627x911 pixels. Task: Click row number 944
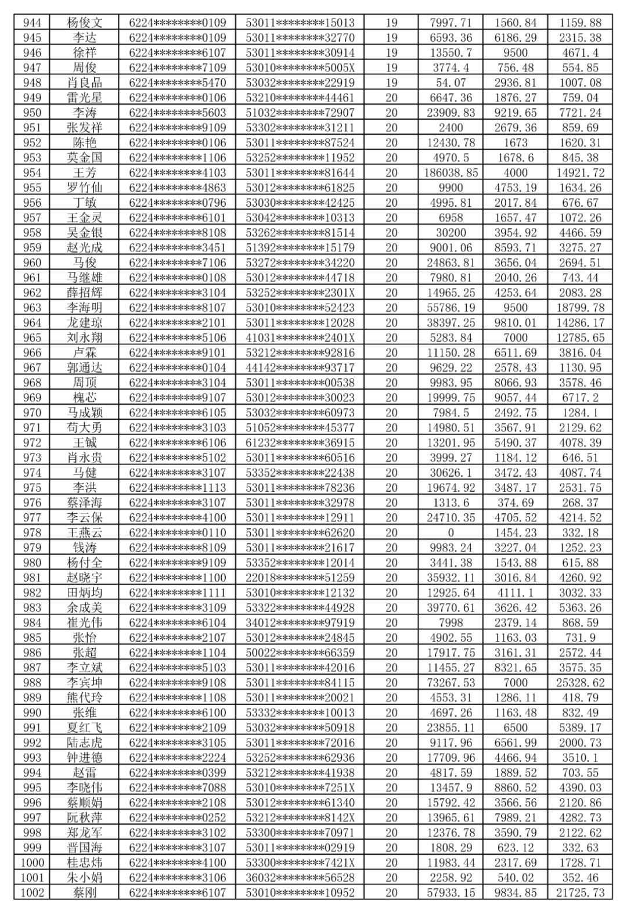coord(32,23)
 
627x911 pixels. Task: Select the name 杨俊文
coord(84,23)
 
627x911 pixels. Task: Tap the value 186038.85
coord(451,172)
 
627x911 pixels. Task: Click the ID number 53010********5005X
coord(300,67)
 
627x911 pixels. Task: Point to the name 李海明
coord(84,307)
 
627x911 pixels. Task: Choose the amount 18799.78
coord(580,307)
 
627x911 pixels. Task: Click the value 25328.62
coord(580,682)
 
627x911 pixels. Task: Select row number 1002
coord(32,892)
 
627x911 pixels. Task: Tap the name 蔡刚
coord(84,892)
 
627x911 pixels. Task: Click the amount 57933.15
coord(451,892)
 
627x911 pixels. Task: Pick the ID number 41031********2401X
coord(300,337)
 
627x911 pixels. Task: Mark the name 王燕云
coord(84,532)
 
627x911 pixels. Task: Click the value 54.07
coord(451,82)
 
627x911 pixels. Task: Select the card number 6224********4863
coord(177,188)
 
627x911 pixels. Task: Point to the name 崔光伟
coord(84,622)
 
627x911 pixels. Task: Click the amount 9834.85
coord(516,892)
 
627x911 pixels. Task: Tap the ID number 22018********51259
coord(300,577)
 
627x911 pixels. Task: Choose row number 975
coord(32,487)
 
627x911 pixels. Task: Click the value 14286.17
coord(580,322)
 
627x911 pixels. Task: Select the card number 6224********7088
coord(177,787)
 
